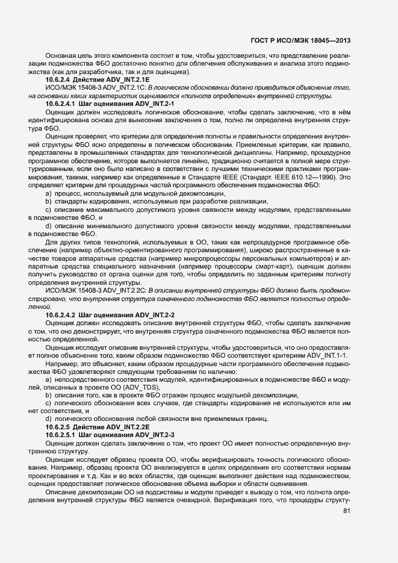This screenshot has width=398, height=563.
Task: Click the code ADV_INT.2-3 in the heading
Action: (x=155, y=434)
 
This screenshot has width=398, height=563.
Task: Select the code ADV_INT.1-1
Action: (x=329, y=356)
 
